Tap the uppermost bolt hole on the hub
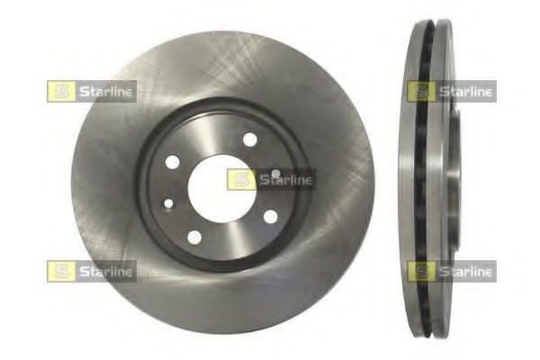coord(249,140)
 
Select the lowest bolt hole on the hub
coord(194,237)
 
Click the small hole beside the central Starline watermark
coord(275,172)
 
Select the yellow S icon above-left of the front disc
coord(58,90)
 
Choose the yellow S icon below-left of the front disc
coord(58,270)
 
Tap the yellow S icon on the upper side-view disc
coord(419,90)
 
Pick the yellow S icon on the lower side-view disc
coord(419,270)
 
